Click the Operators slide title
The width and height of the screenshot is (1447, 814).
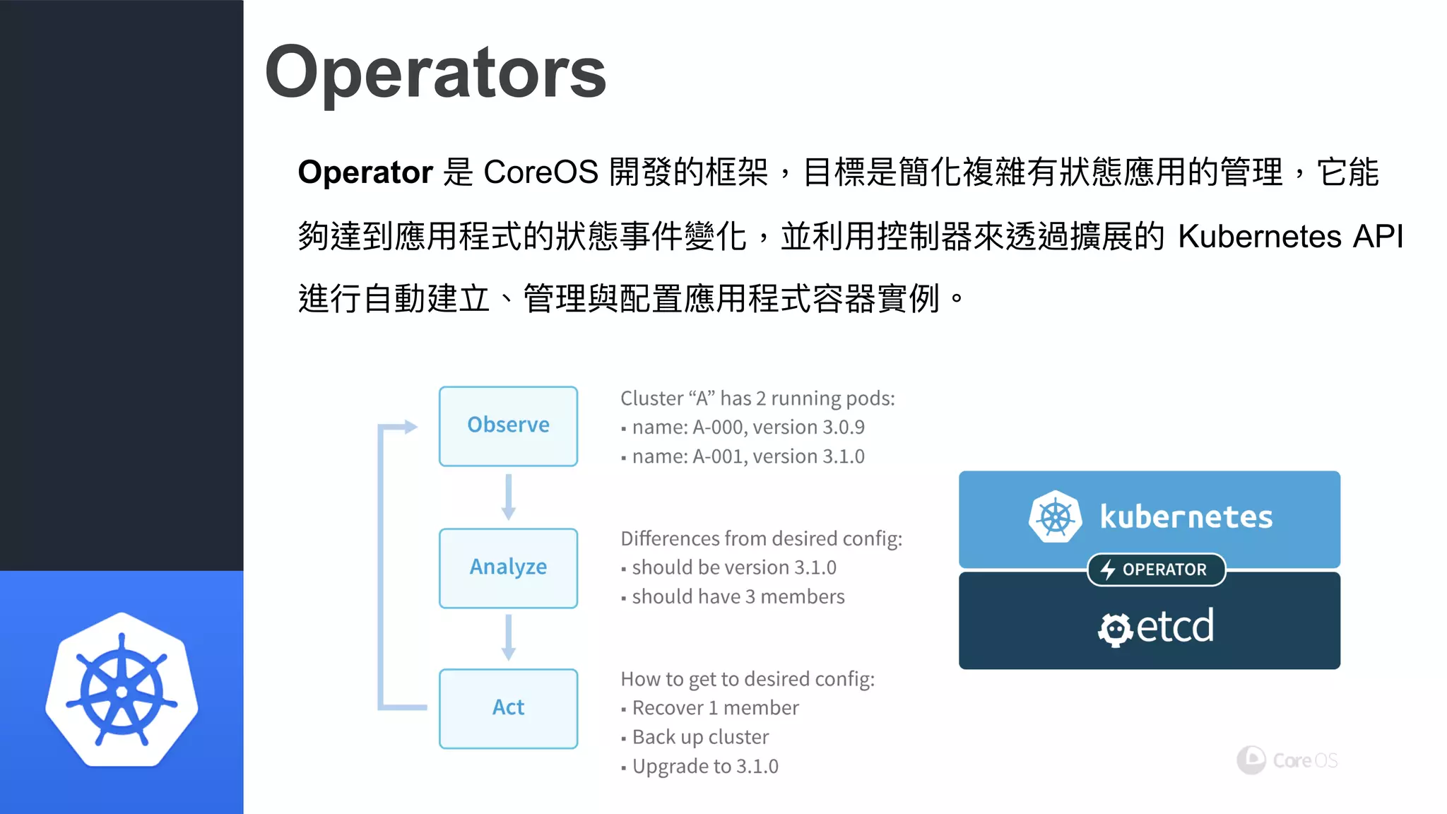coord(435,72)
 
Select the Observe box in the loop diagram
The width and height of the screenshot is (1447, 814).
coord(508,426)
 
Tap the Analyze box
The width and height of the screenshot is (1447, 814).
coord(508,568)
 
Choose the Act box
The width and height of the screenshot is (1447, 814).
coord(508,709)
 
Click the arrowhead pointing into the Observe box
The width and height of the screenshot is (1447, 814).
coord(410,427)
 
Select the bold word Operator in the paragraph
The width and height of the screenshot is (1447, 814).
coord(365,172)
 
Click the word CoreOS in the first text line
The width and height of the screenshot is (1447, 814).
coord(541,172)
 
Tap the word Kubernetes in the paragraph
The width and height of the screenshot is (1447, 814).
coord(1259,236)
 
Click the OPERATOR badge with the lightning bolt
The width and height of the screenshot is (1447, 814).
coord(1156,570)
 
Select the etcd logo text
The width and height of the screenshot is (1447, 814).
coord(1173,626)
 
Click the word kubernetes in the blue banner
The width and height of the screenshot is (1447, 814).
coord(1186,517)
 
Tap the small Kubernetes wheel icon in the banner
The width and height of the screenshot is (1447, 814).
coord(1055,517)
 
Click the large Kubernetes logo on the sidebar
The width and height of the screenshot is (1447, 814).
coord(122,690)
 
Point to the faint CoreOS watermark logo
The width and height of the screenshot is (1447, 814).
coord(1287,760)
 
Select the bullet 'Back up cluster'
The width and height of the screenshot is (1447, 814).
coord(699,737)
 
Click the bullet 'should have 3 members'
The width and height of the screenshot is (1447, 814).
coord(738,597)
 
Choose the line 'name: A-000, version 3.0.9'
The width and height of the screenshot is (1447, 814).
coord(748,427)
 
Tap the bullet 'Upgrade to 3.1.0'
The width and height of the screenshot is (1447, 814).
coord(704,767)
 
